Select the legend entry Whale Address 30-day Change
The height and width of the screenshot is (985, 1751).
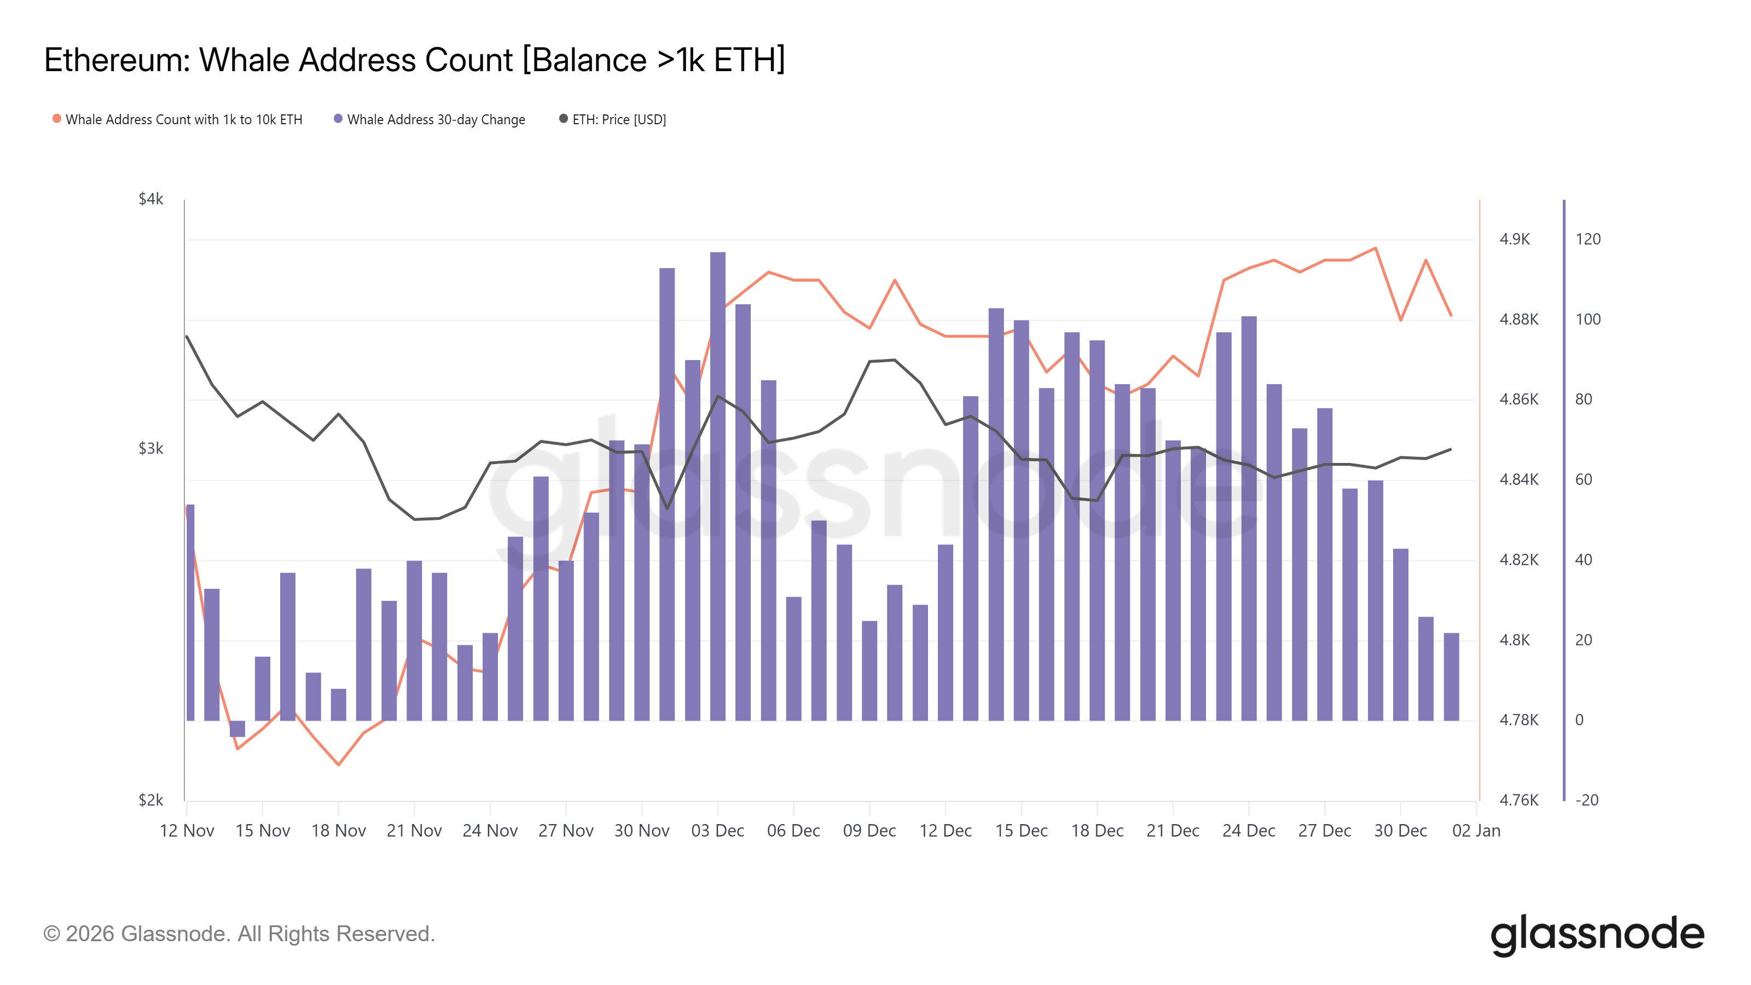435,120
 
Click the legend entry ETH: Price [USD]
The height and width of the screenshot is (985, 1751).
618,120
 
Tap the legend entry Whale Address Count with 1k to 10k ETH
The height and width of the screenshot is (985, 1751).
183,120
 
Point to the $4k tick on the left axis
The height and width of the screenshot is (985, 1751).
151,199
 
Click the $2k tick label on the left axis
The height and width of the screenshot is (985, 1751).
151,800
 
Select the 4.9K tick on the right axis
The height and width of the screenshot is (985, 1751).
1515,239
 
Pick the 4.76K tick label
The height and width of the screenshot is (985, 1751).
1518,800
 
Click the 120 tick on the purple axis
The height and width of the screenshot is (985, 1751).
1588,239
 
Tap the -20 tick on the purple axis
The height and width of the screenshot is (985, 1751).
1586,800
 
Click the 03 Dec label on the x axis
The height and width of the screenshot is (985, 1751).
717,831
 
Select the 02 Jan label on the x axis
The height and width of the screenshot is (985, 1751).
1476,831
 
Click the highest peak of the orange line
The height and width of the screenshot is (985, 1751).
1376,248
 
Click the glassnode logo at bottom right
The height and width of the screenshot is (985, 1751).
1597,935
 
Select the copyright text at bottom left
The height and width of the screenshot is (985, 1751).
239,934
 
